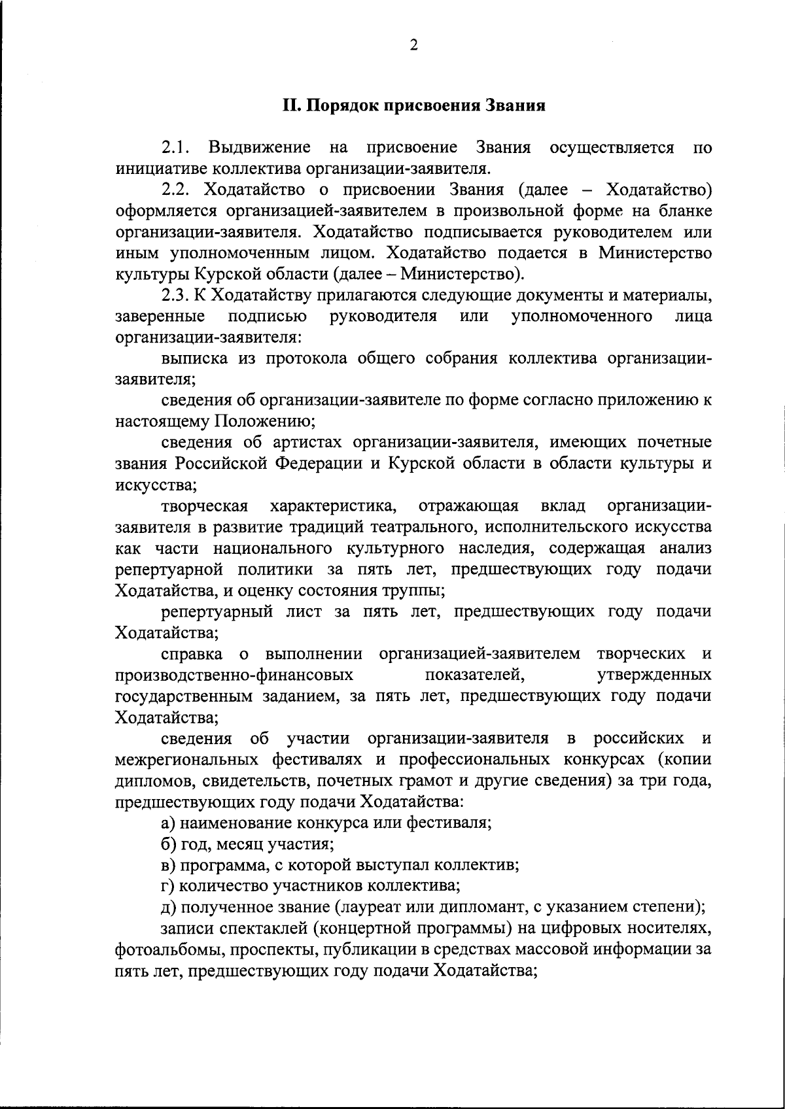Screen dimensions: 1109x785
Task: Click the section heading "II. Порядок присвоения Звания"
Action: (413, 106)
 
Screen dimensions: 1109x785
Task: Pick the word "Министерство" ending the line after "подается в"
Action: (655, 254)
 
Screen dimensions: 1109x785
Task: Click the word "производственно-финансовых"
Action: (235, 675)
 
